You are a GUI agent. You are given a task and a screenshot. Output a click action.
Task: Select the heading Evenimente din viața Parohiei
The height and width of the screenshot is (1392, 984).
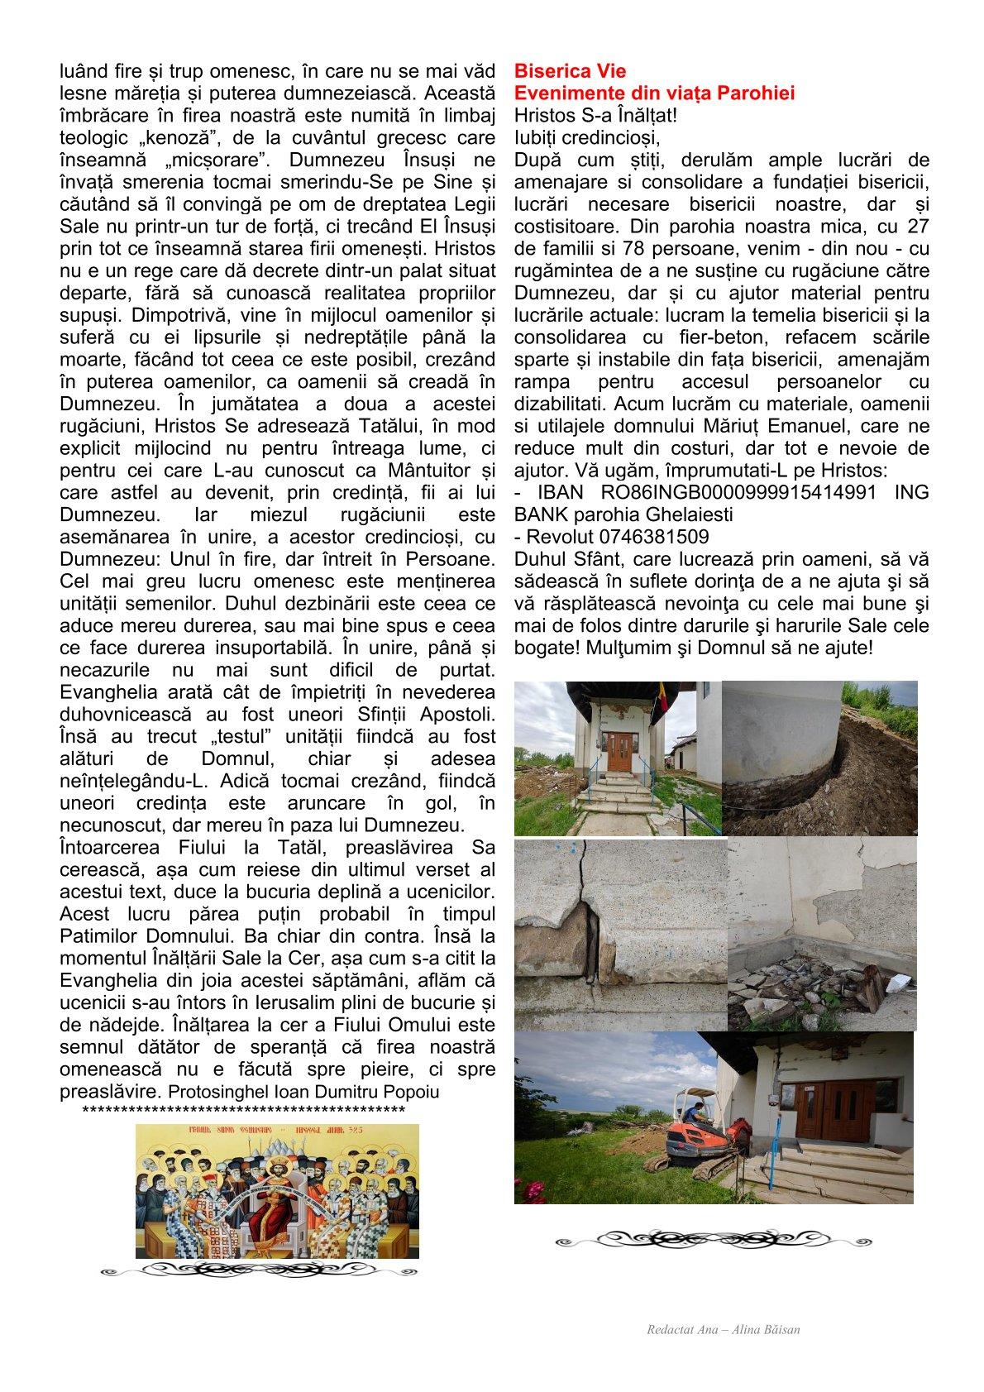[654, 93]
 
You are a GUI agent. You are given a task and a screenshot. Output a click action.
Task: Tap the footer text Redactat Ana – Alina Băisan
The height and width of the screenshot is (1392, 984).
[724, 1330]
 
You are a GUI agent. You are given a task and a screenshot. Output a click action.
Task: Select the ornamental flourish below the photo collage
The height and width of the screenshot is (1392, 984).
[713, 1241]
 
